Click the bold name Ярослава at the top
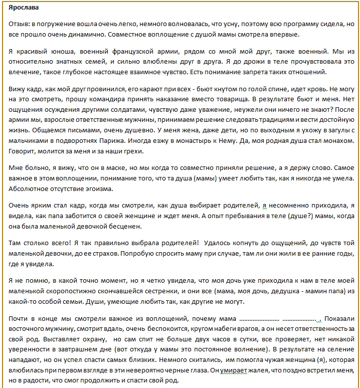(x=24, y=9)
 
